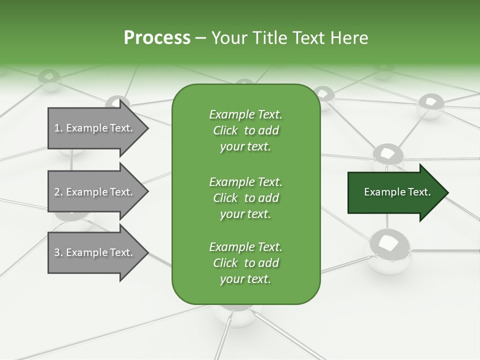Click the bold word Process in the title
pos(157,38)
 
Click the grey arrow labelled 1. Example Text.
pos(95,128)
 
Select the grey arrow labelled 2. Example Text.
pos(95,192)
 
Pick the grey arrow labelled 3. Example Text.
pos(95,252)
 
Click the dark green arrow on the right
pos(395,192)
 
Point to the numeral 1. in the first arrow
pos(58,128)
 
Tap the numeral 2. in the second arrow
pos(58,192)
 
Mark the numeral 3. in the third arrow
pos(58,253)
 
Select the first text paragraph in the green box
pos(245,130)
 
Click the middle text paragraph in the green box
pos(245,198)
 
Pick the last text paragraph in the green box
pos(245,263)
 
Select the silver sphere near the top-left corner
pos(50,80)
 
